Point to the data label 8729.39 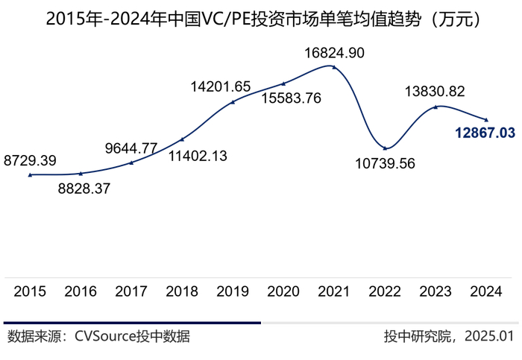click(30, 160)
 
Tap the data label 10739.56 click(385, 163)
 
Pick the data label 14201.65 click(221, 86)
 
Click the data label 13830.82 click(435, 92)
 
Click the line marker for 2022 click(385, 147)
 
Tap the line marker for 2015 click(30, 175)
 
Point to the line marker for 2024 click(486, 120)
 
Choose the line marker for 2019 click(233, 102)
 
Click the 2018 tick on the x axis click(182, 291)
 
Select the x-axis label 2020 click(283, 291)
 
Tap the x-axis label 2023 click(435, 291)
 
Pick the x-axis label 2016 click(81, 291)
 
